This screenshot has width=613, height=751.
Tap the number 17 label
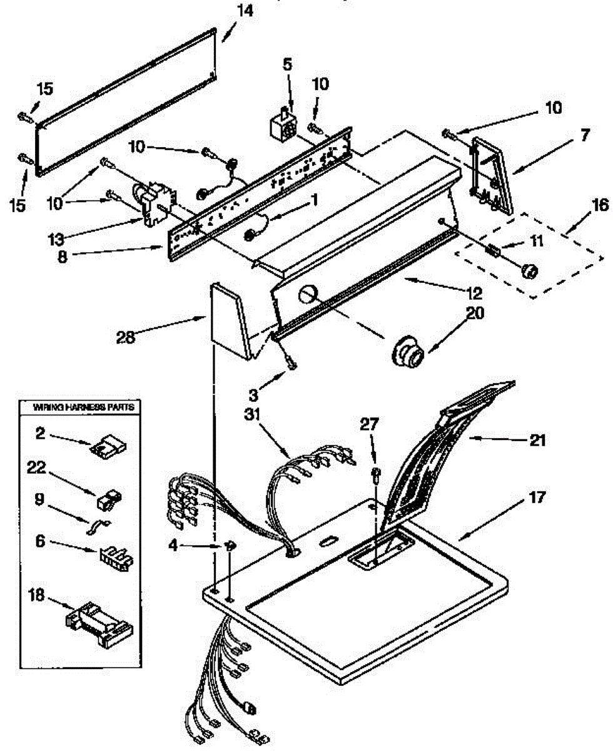[536, 498]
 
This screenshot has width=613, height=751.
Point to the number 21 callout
[536, 441]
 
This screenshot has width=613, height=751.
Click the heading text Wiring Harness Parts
[78, 407]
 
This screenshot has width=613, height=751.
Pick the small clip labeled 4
[230, 546]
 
